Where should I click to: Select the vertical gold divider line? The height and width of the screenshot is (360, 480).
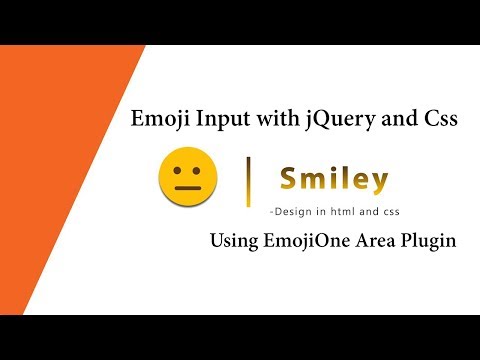pos(249,180)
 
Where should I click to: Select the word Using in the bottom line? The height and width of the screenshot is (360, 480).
pos(233,242)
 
